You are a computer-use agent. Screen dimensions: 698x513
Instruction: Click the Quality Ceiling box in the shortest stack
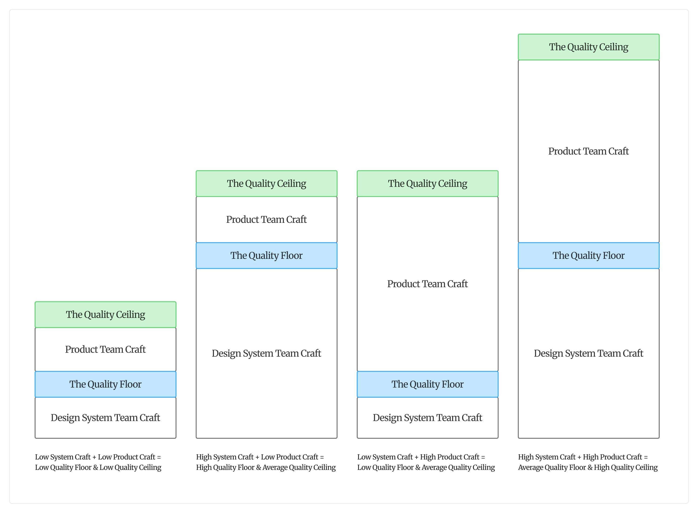coord(105,315)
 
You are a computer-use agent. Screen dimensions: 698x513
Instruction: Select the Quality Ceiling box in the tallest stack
coord(588,47)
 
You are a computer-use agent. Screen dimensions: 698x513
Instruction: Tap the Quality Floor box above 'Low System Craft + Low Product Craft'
coord(105,384)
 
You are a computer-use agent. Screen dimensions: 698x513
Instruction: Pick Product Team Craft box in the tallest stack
coord(588,151)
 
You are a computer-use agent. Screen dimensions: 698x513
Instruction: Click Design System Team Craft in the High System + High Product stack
coord(588,353)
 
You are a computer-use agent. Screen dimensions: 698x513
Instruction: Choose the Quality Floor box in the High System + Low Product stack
coord(267,256)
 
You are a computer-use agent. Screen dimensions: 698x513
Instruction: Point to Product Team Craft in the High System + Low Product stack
coord(267,220)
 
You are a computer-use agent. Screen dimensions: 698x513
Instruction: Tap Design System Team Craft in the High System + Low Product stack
coord(267,353)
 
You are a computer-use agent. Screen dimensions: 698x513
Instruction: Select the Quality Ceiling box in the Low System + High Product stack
coord(427,183)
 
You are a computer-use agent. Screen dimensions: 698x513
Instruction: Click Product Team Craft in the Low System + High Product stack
coord(427,284)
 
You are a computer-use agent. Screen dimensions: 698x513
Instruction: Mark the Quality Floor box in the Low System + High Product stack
coord(427,384)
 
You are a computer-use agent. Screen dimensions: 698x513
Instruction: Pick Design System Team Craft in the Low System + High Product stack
coord(427,418)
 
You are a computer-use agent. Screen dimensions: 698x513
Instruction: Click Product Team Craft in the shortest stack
coord(105,349)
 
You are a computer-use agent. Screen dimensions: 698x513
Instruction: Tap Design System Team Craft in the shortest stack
coord(105,418)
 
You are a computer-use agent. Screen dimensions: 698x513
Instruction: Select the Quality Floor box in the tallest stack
coord(588,256)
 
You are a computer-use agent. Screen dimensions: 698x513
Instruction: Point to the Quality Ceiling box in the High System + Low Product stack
coord(267,183)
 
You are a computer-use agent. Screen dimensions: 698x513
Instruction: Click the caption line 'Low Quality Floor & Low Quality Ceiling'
coord(98,468)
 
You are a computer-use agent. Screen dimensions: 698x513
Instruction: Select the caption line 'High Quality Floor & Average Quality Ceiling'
coord(266,468)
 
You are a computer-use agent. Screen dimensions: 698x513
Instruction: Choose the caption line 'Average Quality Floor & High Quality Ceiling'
coord(588,468)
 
